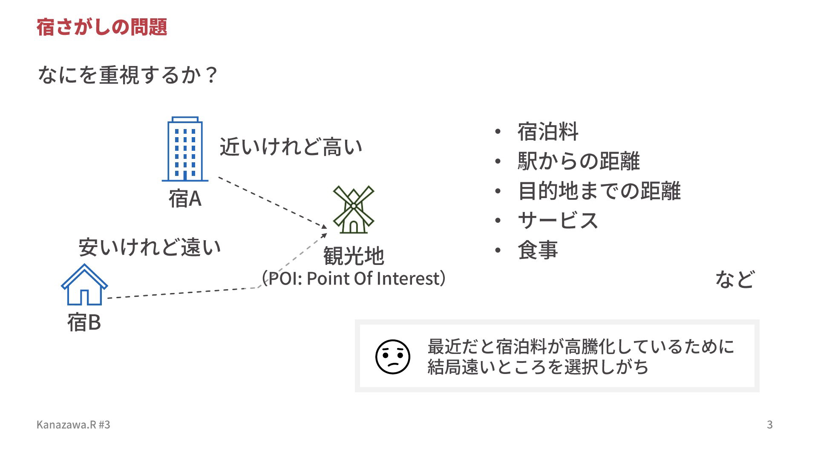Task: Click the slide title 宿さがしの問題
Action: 102,27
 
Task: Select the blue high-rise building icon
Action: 185,149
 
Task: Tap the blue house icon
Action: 84,285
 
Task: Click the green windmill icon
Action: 353,209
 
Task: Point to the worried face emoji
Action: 392,357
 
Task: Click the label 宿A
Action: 185,198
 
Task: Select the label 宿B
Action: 84,322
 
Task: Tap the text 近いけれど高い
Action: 291,147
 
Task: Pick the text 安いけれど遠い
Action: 150,247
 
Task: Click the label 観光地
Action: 354,256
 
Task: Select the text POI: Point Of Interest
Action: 354,278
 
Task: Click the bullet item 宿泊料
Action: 548,131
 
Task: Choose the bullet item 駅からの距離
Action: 579,161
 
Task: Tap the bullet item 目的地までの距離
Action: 599,190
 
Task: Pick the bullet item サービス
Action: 558,220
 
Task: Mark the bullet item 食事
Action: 538,250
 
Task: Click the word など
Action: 735,279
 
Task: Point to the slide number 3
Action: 770,425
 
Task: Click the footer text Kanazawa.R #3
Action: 73,425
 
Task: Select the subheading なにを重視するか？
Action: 128,75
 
